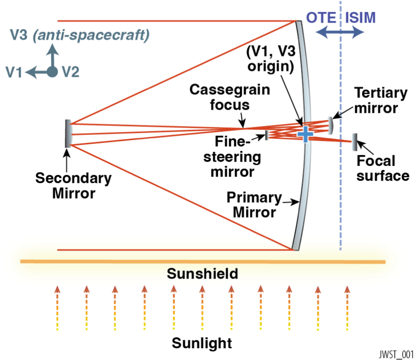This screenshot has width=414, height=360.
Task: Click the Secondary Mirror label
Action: [73, 185]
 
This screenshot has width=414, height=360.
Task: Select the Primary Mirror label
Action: [254, 205]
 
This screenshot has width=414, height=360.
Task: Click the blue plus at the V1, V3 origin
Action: [305, 134]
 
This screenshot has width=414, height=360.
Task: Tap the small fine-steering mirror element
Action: [267, 135]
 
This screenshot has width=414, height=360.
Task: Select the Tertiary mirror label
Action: [381, 101]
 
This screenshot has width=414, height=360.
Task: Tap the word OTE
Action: [321, 17]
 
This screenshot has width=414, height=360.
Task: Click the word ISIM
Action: [360, 17]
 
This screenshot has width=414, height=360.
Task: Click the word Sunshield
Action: [202, 274]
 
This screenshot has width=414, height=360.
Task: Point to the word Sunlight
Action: [202, 343]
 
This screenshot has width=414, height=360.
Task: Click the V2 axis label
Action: [71, 72]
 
